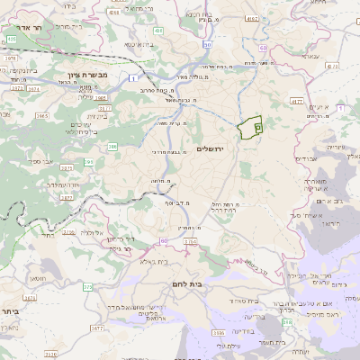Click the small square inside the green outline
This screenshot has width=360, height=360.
pos(257,128)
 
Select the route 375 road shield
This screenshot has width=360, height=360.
pos(87,286)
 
